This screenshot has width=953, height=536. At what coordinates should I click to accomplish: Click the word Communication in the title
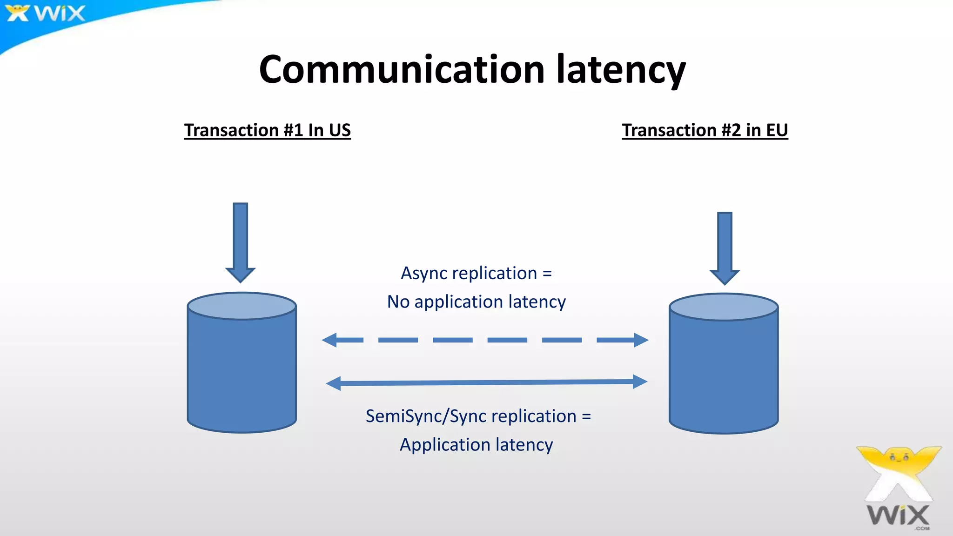(x=402, y=70)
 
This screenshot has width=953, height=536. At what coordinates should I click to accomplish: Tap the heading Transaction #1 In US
(x=267, y=130)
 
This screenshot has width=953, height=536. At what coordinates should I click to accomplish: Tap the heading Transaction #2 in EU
(x=705, y=130)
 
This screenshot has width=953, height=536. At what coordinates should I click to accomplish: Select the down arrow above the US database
(x=240, y=242)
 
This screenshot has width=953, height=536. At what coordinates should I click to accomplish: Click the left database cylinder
(x=242, y=372)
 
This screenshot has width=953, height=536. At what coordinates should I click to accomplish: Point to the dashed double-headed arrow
(x=485, y=340)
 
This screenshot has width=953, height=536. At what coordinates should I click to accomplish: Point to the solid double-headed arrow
(x=486, y=382)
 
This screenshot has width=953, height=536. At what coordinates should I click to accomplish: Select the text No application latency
(x=476, y=302)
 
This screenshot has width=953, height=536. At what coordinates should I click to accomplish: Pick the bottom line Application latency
(x=476, y=445)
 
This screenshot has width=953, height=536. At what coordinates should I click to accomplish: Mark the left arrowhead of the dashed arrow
(x=329, y=340)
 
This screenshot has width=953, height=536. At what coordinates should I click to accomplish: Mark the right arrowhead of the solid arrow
(x=640, y=382)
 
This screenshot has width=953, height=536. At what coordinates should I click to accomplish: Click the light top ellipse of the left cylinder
(x=242, y=306)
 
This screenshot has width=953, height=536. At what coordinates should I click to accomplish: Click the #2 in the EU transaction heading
(x=731, y=130)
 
